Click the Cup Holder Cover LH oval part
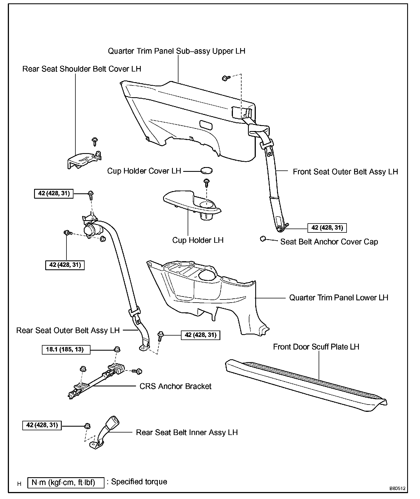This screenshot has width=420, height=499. [206, 170]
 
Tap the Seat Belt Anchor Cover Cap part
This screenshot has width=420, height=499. [262, 239]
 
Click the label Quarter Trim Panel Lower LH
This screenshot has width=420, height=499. [338, 298]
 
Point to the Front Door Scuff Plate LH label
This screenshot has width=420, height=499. [316, 347]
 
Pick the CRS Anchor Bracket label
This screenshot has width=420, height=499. [175, 386]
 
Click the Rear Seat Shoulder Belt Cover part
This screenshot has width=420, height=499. [83, 160]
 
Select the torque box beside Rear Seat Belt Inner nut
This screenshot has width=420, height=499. [42, 425]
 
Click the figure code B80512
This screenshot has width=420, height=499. [397, 489]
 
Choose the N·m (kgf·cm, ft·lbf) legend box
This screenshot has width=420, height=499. [66, 483]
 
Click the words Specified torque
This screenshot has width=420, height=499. [139, 482]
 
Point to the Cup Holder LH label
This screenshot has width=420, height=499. [198, 240]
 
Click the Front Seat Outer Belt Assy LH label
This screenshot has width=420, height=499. [345, 172]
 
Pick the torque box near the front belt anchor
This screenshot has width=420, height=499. [327, 228]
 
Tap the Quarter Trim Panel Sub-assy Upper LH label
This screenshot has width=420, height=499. [176, 51]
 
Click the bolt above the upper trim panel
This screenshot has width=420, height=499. [226, 78]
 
